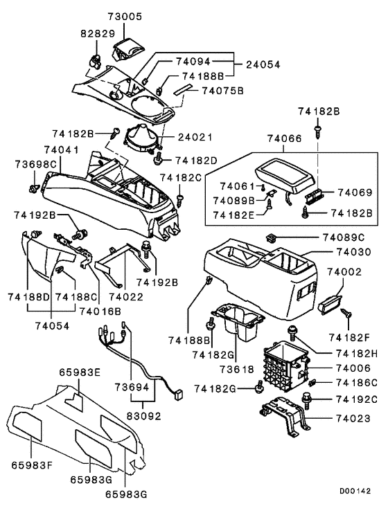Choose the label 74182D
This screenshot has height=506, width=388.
coord(196,160)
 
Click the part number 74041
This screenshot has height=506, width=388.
coord(61,150)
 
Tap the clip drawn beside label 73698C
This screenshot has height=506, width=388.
coord(33,186)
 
